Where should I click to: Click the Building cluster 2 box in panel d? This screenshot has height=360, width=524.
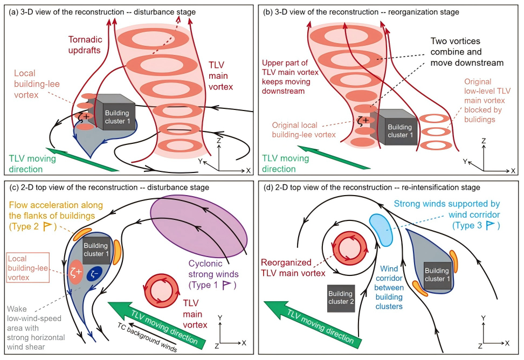(341, 297)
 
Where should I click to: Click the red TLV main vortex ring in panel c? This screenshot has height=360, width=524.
(161, 292)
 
